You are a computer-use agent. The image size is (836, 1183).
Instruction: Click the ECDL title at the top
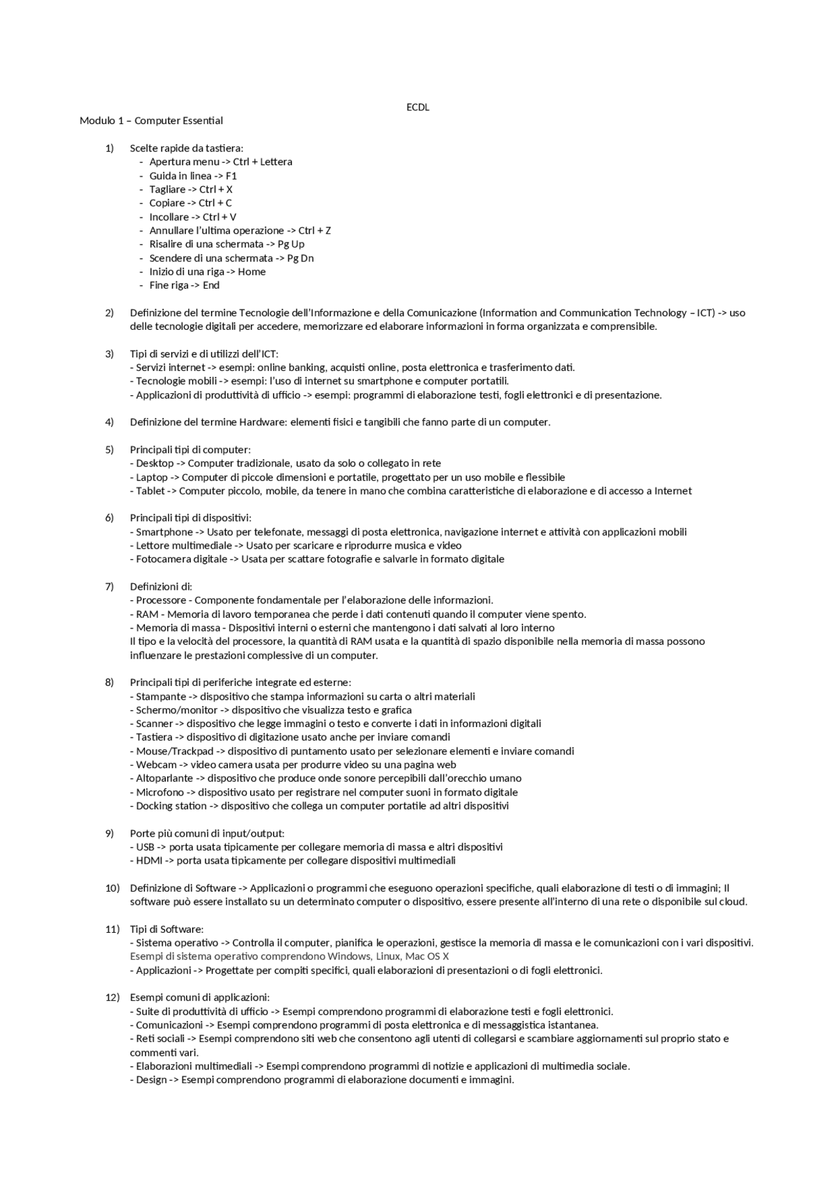pos(417,107)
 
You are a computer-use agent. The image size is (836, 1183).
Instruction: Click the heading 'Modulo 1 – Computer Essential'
pos(151,121)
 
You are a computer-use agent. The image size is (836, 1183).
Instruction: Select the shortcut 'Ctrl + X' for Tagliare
pos(216,189)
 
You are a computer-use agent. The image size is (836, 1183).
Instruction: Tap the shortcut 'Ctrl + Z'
pos(314,231)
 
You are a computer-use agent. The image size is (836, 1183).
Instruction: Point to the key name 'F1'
pos(231,176)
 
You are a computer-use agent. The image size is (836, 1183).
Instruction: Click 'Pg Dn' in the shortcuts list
pos(300,258)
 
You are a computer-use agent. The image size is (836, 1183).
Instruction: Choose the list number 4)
pos(109,422)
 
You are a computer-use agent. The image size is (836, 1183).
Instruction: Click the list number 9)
pos(109,834)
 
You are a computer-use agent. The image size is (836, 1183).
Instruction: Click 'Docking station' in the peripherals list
pos(171,806)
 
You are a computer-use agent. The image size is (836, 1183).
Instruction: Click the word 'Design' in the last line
pos(152,1080)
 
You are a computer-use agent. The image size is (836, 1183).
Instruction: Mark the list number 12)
pos(112,997)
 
